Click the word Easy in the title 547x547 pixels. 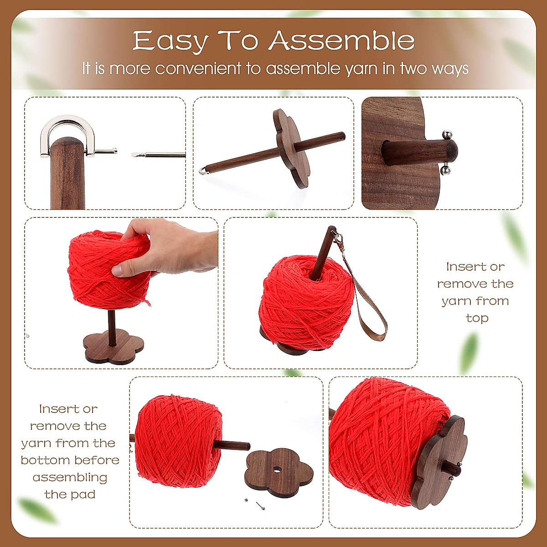tap(170, 41)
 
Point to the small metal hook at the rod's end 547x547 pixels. tap(202, 170)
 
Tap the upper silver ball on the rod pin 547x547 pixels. tap(447, 134)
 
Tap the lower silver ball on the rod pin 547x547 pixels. tap(446, 170)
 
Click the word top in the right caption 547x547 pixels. tap(476, 318)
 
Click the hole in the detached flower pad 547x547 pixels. tap(277, 469)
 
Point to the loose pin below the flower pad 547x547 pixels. tap(261, 505)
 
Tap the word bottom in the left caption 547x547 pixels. tap(44, 460)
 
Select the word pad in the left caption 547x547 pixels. tap(85, 494)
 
